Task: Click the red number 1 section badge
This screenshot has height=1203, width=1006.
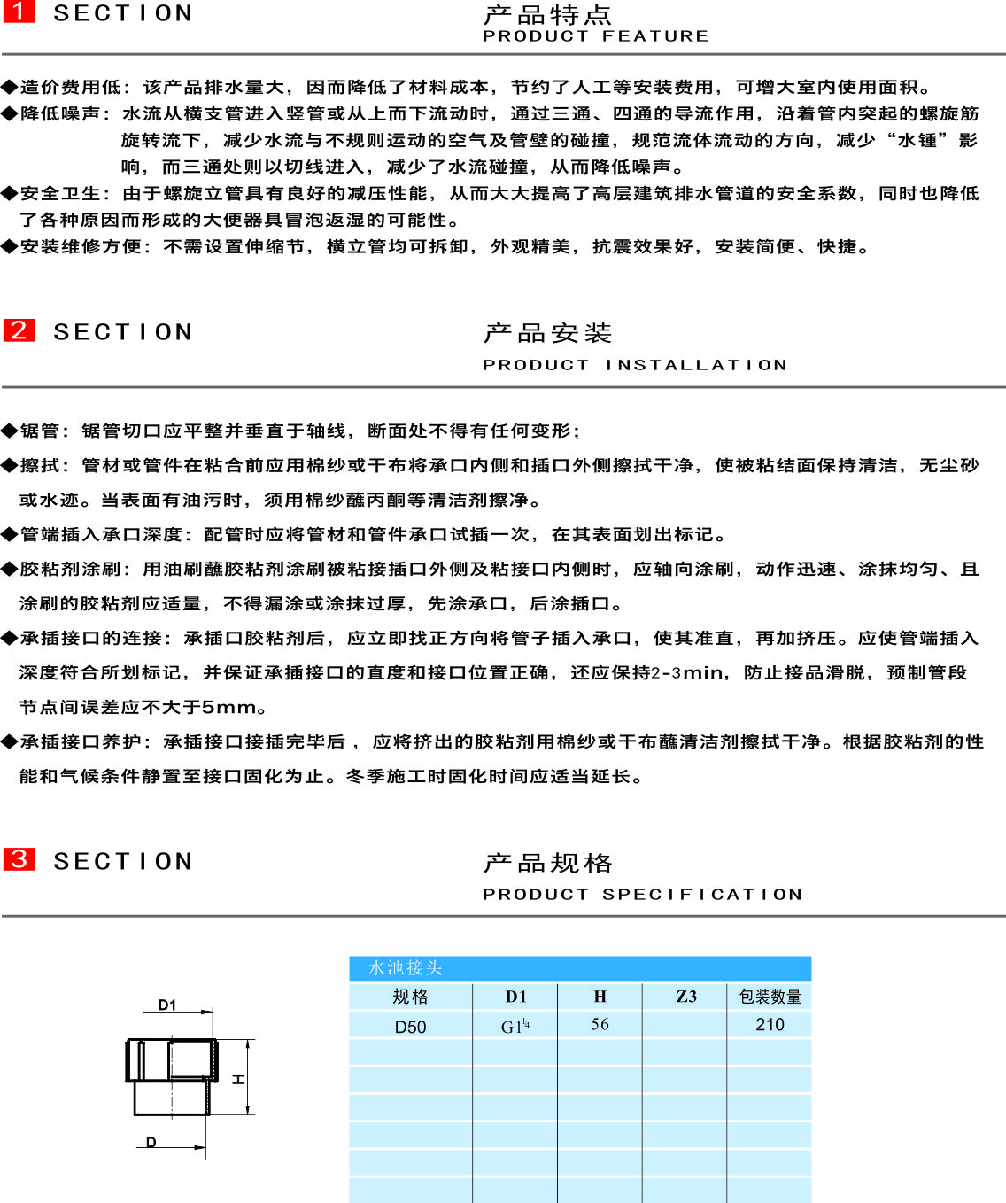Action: click(x=19, y=12)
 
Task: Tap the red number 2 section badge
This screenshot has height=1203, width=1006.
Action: click(x=19, y=330)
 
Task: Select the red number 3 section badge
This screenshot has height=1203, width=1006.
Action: click(x=19, y=859)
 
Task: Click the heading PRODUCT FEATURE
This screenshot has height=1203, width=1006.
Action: click(x=595, y=36)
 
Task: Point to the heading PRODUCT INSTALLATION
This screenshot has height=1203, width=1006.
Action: click(x=635, y=365)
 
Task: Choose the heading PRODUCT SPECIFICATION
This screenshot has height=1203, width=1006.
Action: click(x=642, y=894)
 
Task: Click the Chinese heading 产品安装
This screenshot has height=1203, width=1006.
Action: click(x=547, y=333)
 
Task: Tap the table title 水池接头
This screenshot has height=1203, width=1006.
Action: click(x=406, y=967)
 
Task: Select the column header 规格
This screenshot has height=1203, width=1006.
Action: click(x=411, y=997)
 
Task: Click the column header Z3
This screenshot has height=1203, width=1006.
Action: click(x=686, y=997)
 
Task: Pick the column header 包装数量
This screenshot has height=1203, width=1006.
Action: click(x=770, y=997)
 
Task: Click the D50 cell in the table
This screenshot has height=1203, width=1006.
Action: click(x=411, y=1028)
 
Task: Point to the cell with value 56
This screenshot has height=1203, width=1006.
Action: click(x=600, y=1024)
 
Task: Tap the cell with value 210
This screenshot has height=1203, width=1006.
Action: click(x=770, y=1024)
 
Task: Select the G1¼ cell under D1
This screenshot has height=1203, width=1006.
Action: click(x=515, y=1027)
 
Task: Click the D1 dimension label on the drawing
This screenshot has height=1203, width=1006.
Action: click(x=167, y=1005)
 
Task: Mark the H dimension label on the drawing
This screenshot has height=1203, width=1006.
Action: click(x=238, y=1079)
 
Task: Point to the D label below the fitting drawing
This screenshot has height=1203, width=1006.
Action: click(x=151, y=1141)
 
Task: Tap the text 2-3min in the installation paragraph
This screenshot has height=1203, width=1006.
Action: click(x=686, y=673)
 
